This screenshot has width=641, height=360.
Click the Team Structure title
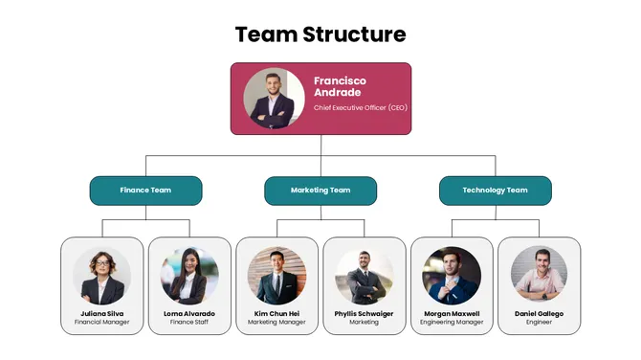tap(320, 35)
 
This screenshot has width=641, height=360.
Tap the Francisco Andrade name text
tap(339, 86)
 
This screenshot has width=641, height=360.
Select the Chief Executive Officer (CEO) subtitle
tap(360, 108)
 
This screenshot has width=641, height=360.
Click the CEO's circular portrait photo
tap(274, 98)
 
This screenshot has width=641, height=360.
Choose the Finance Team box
tap(145, 191)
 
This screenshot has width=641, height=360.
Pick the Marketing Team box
tap(320, 191)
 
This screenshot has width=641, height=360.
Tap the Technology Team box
tap(495, 191)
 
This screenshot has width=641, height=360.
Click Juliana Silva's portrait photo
tap(101, 276)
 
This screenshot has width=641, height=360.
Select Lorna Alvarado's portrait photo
tap(189, 276)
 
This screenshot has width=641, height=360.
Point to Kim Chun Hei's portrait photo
tap(276, 276)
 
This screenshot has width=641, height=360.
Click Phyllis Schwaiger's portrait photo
tap(364, 276)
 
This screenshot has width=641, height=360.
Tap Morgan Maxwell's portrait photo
tap(452, 276)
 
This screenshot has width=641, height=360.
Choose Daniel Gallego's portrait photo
tap(539, 276)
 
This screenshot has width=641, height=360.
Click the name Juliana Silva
tap(101, 313)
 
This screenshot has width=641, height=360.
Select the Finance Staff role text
tap(189, 323)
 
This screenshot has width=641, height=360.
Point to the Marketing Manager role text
tap(276, 323)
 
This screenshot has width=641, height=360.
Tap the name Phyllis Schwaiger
tap(364, 313)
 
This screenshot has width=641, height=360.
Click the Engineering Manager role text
tap(452, 323)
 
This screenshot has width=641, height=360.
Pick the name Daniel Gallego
tap(539, 313)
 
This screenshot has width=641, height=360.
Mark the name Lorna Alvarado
tap(189, 313)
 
